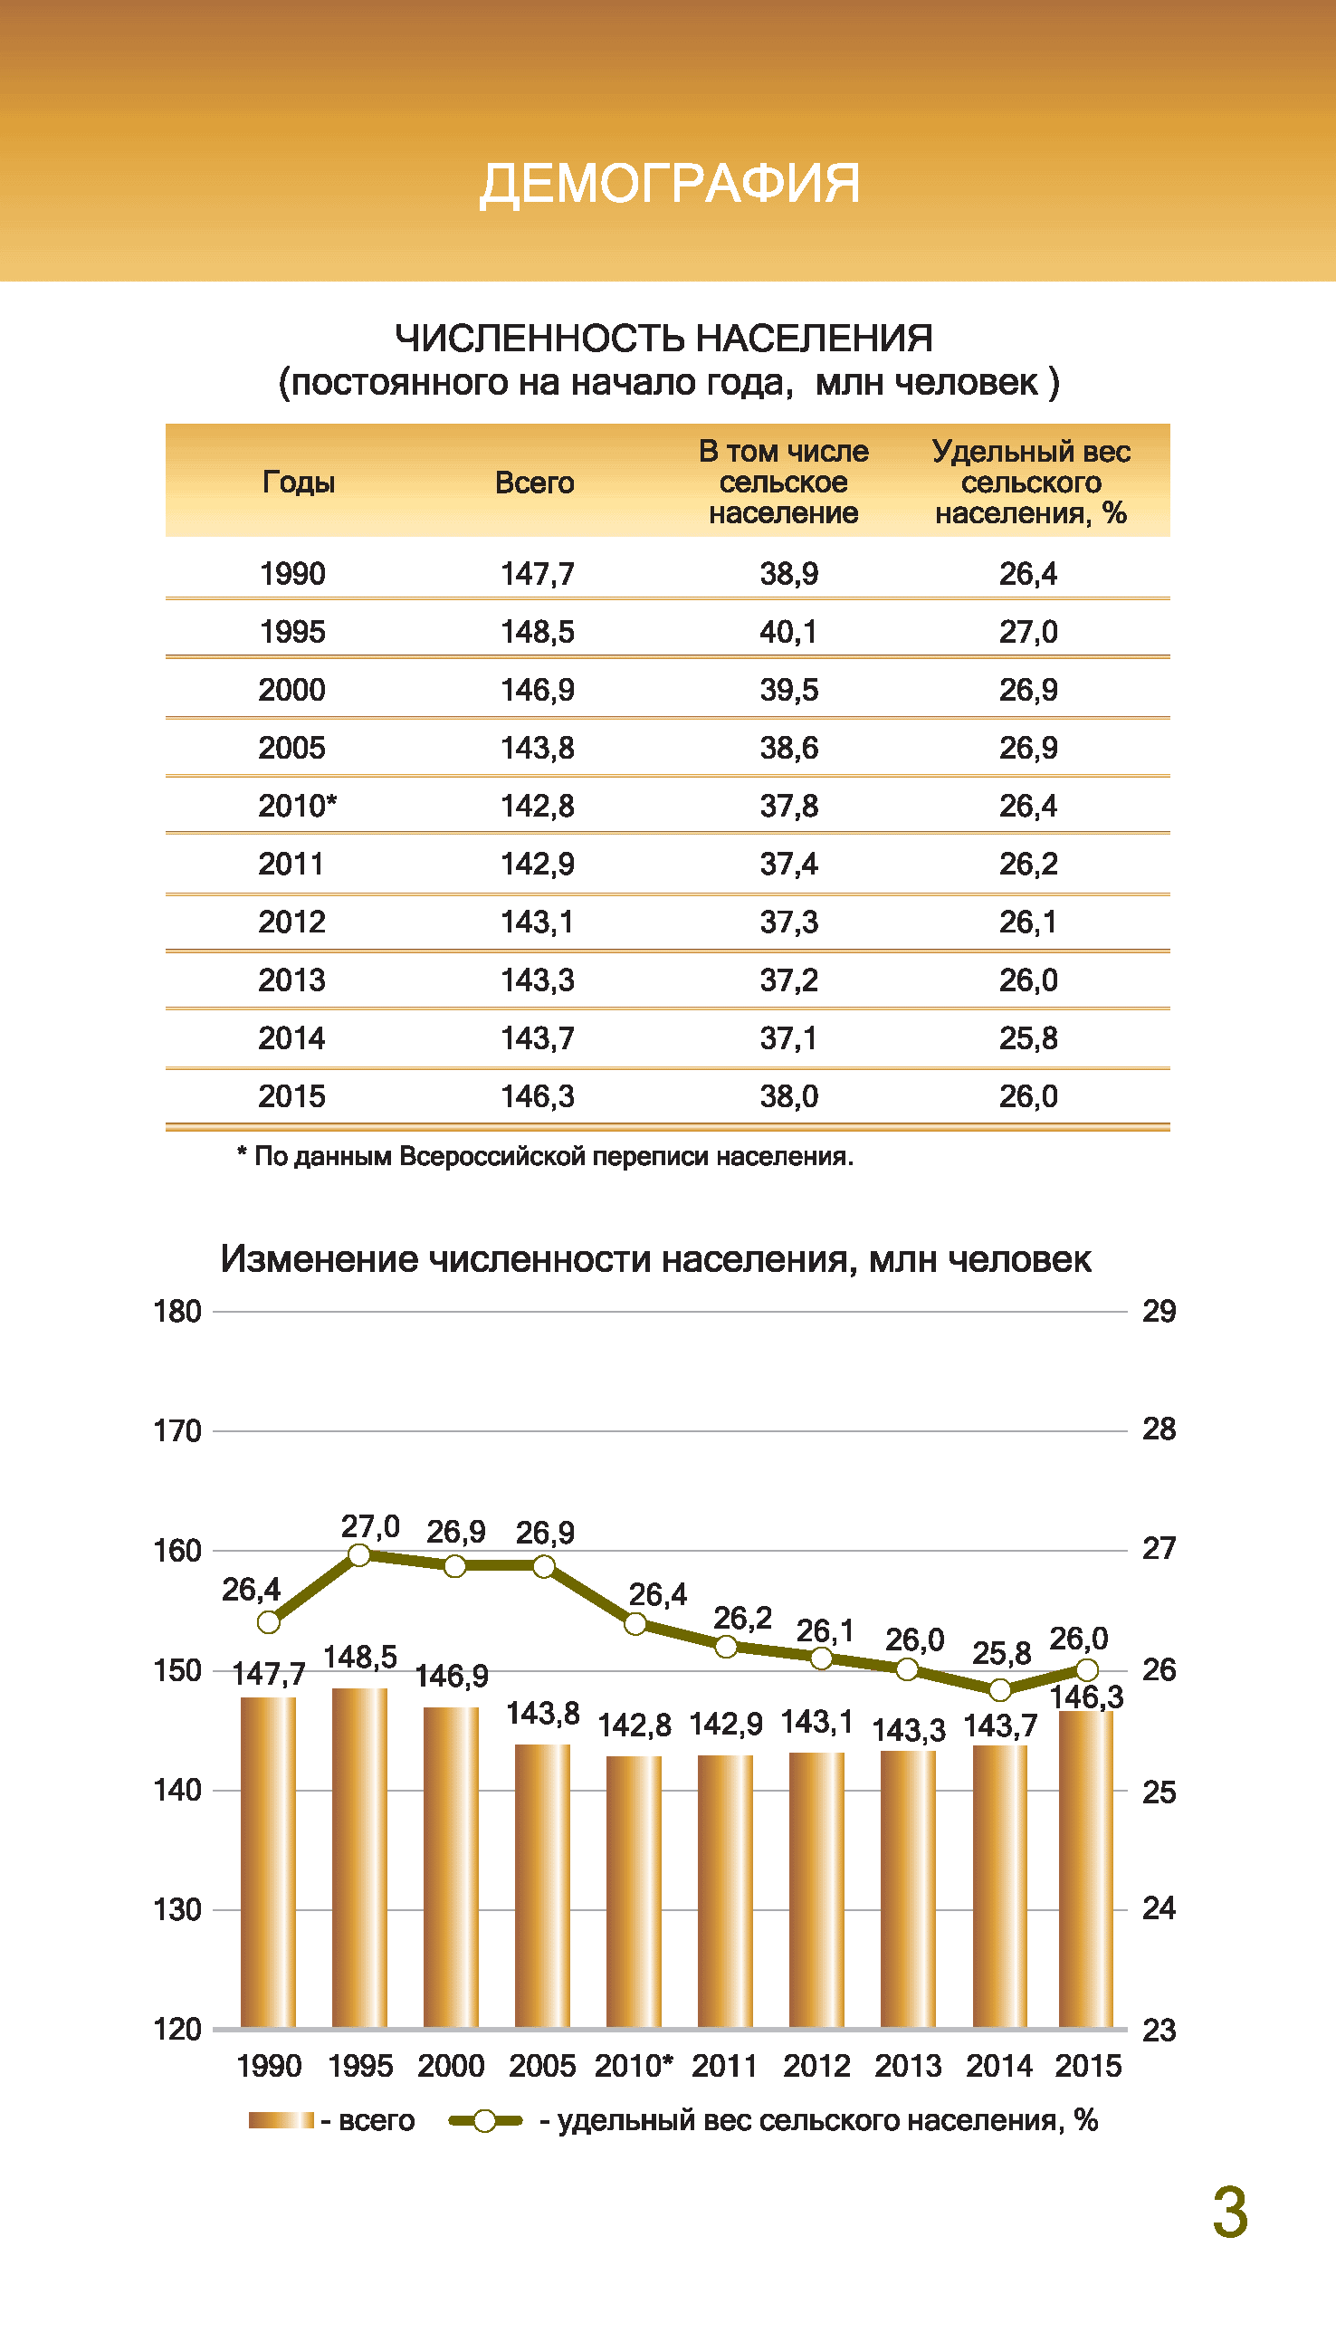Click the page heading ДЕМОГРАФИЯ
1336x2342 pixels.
click(x=670, y=184)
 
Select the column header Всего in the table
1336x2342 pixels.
click(x=534, y=483)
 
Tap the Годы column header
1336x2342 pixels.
click(x=299, y=483)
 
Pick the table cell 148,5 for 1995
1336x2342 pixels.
click(x=538, y=632)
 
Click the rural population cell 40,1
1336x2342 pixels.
click(x=788, y=632)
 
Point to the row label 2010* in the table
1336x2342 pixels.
click(x=297, y=806)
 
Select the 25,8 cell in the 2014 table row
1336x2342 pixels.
click(x=1028, y=1039)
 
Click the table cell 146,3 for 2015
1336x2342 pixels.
click(x=538, y=1096)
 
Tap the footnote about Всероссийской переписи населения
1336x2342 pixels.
click(x=545, y=1156)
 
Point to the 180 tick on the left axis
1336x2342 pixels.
click(x=177, y=1312)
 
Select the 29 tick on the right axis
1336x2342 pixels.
click(x=1159, y=1312)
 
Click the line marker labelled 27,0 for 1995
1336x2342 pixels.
click(x=359, y=1555)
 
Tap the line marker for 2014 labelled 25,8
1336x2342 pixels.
click(x=1000, y=1689)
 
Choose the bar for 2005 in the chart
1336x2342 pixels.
click(x=542, y=1886)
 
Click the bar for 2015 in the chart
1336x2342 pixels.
click(x=1086, y=1869)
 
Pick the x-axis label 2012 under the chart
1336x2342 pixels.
click(x=816, y=2066)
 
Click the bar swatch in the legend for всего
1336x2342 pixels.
click(x=281, y=2120)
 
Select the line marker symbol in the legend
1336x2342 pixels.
click(x=484, y=2121)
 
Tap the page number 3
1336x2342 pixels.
click(x=1230, y=2213)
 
